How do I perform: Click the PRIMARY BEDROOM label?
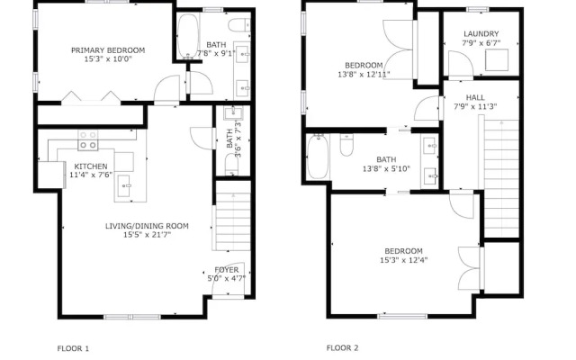click(108, 50)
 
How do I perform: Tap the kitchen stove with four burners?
click(88, 140)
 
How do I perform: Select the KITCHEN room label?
click(91, 166)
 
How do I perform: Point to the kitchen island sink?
click(124, 185)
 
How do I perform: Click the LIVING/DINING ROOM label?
click(147, 226)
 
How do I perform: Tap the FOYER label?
click(227, 270)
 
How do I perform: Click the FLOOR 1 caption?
click(73, 348)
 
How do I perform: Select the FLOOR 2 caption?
click(342, 347)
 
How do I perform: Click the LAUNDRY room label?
click(481, 34)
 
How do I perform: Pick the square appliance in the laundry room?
click(497, 60)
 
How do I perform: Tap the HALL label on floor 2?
click(475, 97)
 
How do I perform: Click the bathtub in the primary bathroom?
click(188, 36)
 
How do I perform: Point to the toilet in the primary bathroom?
click(239, 25)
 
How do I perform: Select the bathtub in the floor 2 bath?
click(318, 157)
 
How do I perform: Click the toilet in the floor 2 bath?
click(346, 145)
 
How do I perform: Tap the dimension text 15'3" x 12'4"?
click(404, 260)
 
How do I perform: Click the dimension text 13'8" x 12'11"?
click(364, 74)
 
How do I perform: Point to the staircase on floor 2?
click(501, 178)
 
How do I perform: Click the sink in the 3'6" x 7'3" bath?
click(232, 112)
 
